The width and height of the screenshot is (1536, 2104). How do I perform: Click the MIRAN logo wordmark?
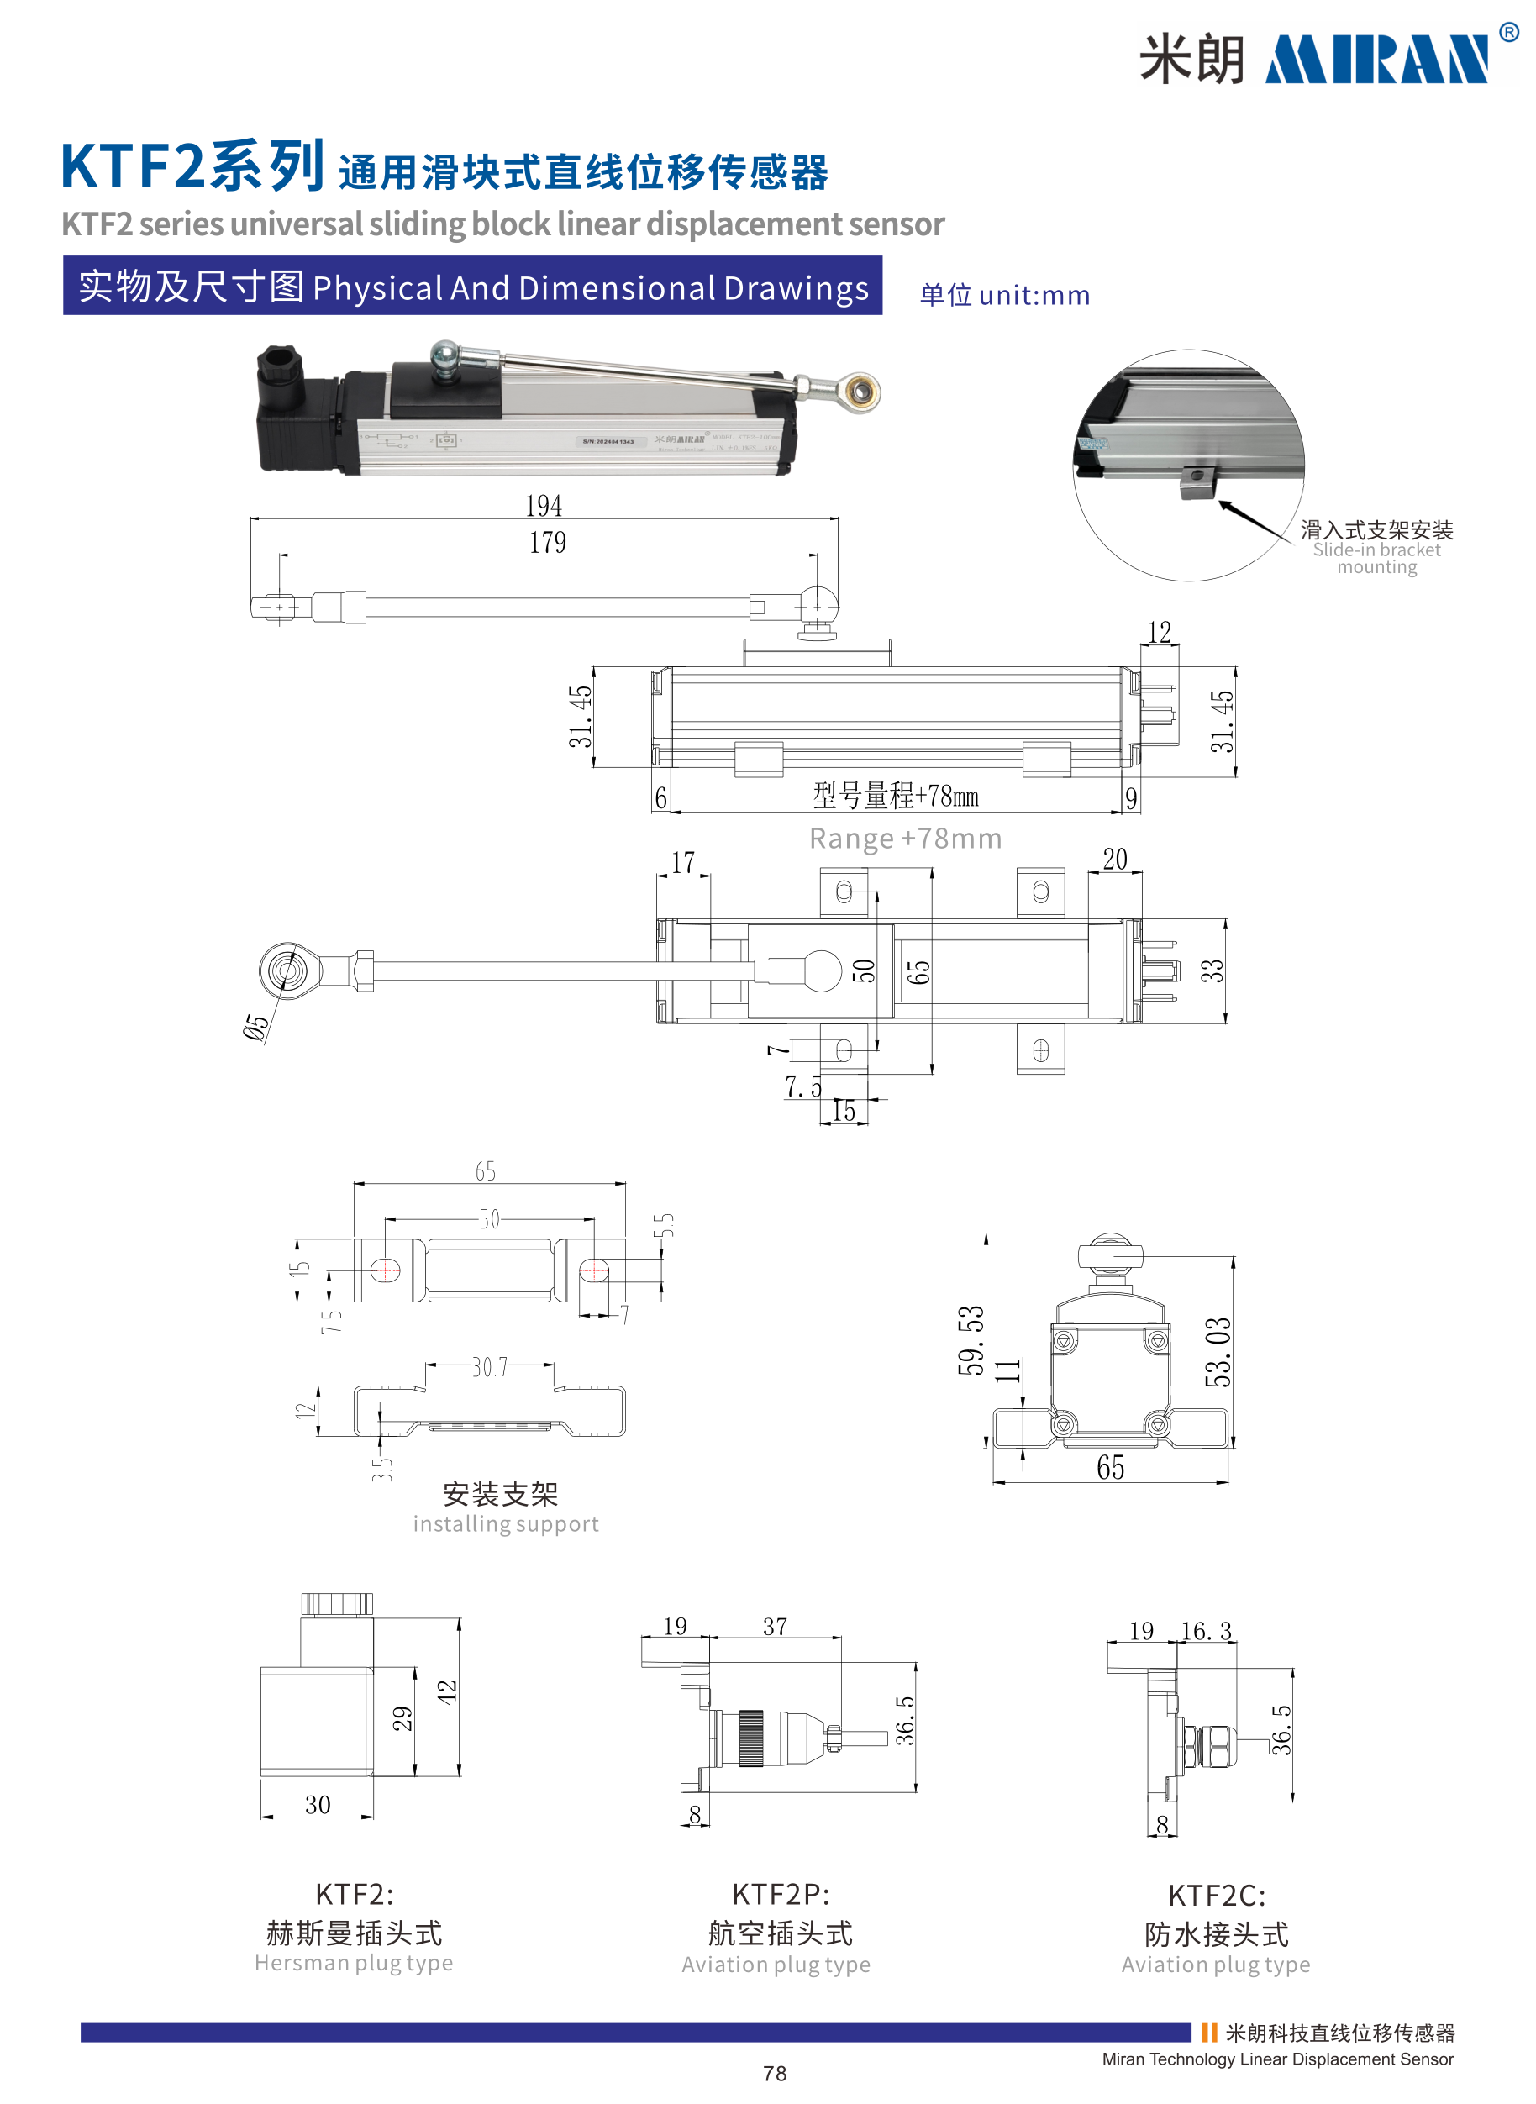(1376, 60)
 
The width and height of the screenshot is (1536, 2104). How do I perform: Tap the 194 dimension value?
(544, 506)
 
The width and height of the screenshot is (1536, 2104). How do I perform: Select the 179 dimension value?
(548, 542)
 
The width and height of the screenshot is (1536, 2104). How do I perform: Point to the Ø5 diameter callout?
(255, 1027)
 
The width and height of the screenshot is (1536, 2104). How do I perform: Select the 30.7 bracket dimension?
(490, 1367)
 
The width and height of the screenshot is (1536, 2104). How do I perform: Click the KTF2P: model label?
(780, 1894)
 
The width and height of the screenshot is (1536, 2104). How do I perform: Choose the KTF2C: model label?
(1216, 1895)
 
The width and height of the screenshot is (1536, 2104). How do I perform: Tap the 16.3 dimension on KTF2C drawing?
(1206, 1631)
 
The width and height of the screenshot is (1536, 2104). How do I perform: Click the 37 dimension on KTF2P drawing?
(775, 1626)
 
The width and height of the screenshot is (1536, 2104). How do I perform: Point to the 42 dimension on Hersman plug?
(447, 1691)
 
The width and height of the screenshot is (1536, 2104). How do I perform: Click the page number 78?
(775, 2073)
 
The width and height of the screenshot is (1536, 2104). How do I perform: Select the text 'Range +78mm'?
(905, 839)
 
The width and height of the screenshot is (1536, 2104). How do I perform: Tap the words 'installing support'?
(506, 1524)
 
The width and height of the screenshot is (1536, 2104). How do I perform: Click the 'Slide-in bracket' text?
(1376, 550)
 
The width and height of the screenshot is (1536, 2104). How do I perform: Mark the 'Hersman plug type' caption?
(353, 1963)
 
